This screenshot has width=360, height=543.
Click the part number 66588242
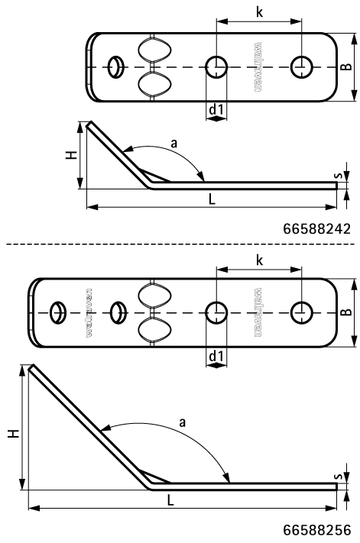click(316, 228)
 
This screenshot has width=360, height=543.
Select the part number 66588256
click(316, 530)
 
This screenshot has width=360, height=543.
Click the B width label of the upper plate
click(346, 67)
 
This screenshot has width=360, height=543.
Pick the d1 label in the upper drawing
click(216, 111)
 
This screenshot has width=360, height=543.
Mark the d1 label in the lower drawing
click(216, 357)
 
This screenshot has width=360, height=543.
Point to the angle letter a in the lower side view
click(182, 422)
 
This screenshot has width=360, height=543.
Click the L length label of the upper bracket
click(212, 198)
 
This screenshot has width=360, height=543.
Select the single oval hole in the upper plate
click(115, 66)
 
